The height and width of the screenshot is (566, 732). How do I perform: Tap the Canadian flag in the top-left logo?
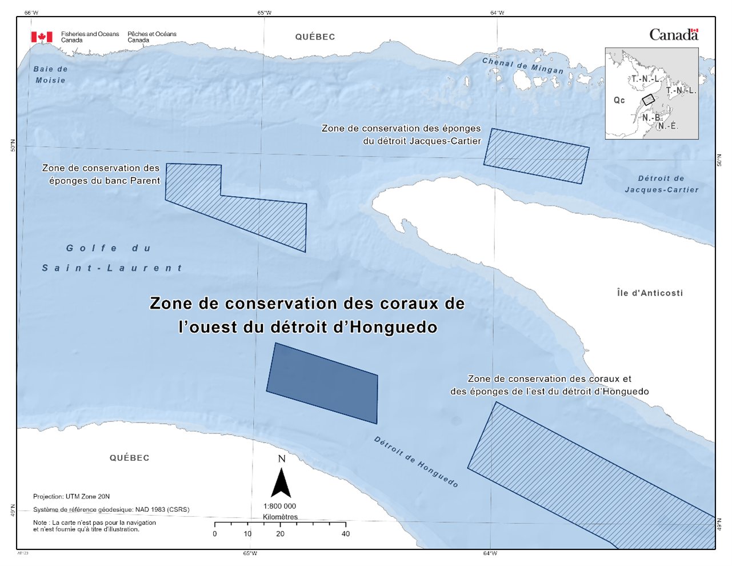pos(42,37)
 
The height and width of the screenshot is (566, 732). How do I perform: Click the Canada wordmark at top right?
pos(674,35)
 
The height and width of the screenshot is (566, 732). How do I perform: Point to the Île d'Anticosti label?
pos(650,293)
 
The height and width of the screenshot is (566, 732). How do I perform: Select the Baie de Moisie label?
pos(50,74)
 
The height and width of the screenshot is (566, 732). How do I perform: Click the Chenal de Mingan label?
pos(522,66)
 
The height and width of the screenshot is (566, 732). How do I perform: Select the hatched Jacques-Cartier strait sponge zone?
pos(536,156)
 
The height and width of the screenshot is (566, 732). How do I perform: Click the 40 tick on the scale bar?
pos(346,533)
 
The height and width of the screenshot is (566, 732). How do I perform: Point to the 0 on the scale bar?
pos(215,533)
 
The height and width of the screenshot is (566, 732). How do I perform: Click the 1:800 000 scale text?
pos(280,506)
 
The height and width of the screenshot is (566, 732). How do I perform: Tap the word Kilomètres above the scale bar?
pos(280,517)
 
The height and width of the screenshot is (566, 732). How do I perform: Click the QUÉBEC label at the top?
pos(315,37)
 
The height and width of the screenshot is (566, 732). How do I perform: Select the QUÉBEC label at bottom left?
pos(130,457)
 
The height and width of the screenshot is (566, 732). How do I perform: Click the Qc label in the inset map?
pos(619,100)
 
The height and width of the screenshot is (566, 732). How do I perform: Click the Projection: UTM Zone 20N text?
pos(71,496)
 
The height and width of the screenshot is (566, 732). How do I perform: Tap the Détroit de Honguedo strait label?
pos(416,462)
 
